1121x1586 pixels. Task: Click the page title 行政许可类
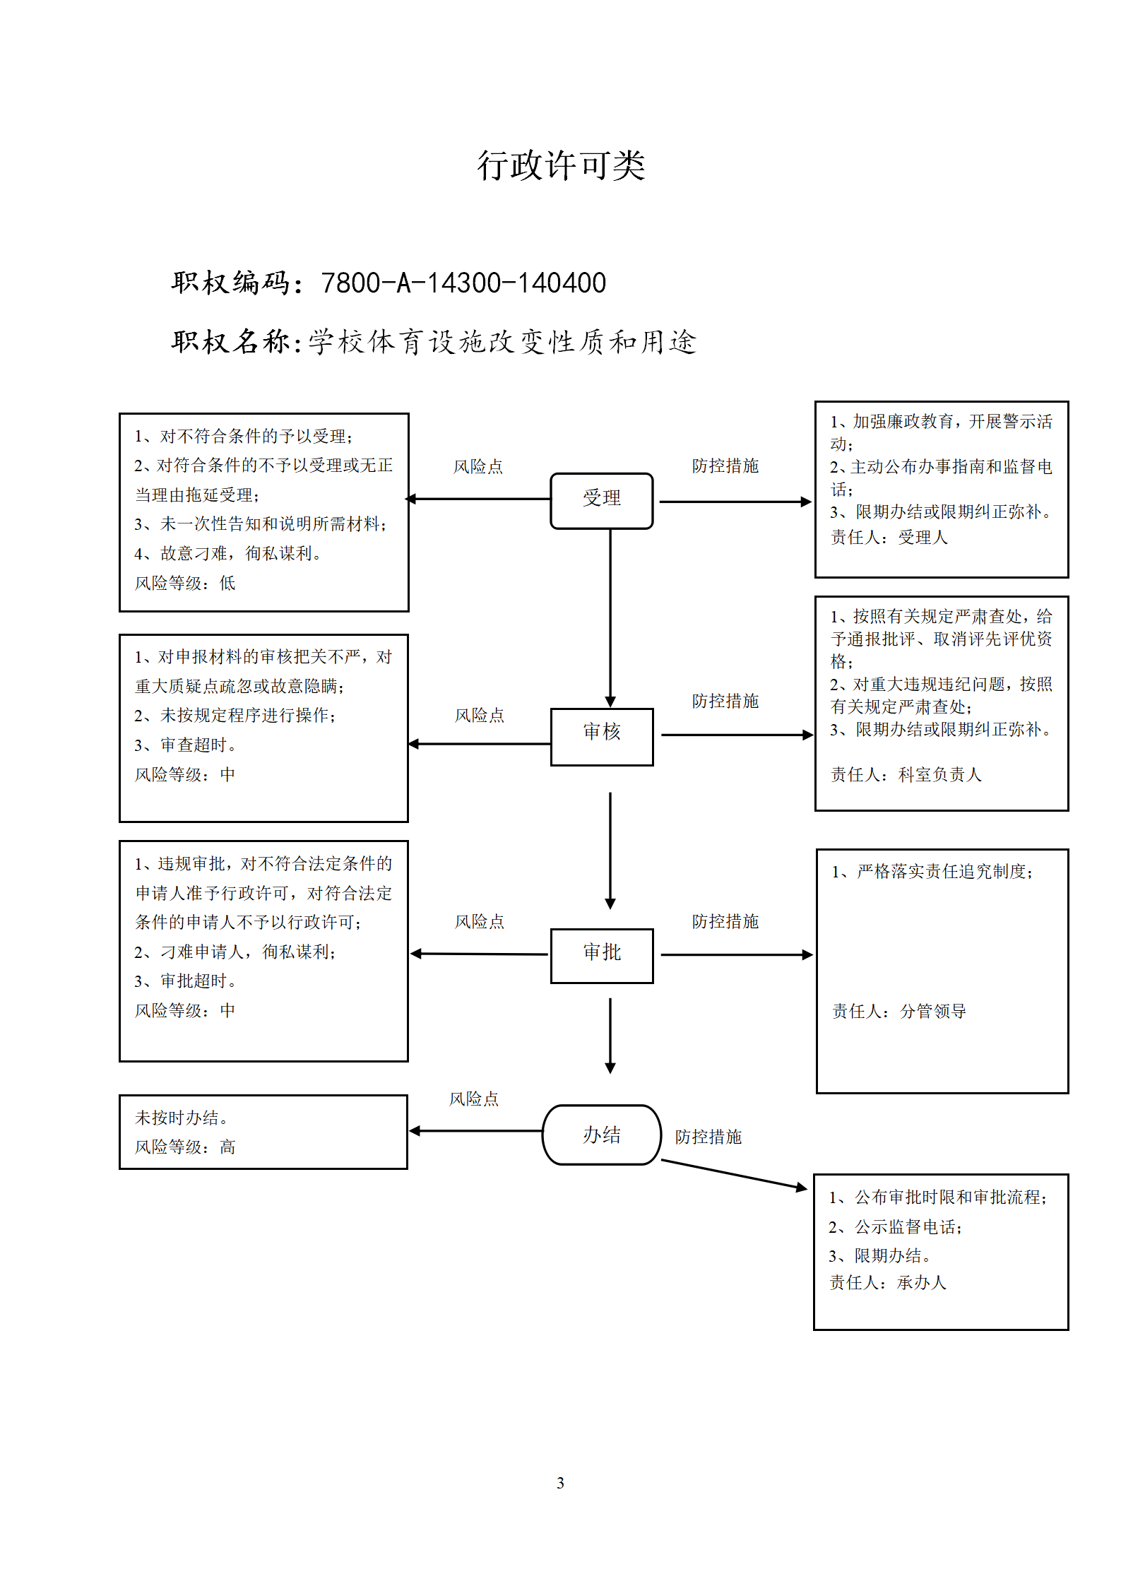click(x=561, y=166)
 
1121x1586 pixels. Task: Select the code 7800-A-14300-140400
click(x=463, y=283)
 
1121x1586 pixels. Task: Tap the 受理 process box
click(x=602, y=501)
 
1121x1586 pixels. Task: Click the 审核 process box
click(x=602, y=737)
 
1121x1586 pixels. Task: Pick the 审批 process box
click(x=602, y=955)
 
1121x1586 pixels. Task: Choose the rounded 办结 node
click(x=602, y=1135)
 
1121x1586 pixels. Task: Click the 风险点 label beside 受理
click(x=478, y=466)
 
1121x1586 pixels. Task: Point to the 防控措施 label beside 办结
click(x=708, y=1137)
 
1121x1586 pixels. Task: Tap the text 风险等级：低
click(x=185, y=583)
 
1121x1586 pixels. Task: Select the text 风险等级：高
click(x=185, y=1147)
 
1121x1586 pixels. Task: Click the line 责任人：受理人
click(x=889, y=537)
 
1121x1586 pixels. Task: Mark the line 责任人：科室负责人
click(x=906, y=774)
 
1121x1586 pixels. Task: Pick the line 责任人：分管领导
click(x=899, y=1011)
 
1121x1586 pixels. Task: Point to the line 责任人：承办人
click(x=888, y=1282)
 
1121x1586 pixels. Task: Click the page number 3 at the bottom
click(x=560, y=1483)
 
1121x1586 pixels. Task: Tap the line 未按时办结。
click(x=182, y=1118)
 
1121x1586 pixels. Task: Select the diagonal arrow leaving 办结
click(x=734, y=1176)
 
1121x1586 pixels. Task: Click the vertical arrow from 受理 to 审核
click(x=610, y=618)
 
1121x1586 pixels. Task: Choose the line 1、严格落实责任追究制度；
click(x=932, y=871)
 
